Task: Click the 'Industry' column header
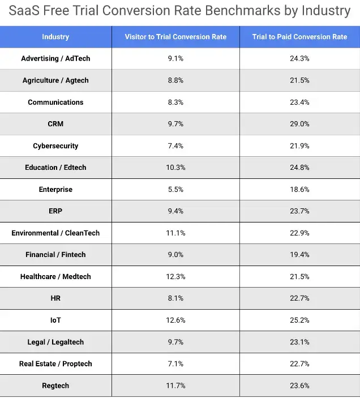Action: (x=55, y=37)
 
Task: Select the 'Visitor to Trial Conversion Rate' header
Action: (x=175, y=37)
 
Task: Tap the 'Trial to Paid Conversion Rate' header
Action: (x=299, y=37)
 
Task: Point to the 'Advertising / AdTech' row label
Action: (x=55, y=58)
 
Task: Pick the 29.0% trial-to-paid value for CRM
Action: (x=299, y=124)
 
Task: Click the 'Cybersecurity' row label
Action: (x=55, y=145)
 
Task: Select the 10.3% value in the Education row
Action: (x=175, y=168)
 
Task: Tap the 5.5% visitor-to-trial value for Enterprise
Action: (x=175, y=189)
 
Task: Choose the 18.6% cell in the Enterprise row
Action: (x=299, y=189)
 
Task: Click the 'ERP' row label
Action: (x=55, y=211)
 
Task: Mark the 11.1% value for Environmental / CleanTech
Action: (x=175, y=233)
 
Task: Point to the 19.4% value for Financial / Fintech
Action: (x=299, y=255)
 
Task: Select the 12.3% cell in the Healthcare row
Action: (x=175, y=276)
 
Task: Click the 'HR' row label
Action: (x=55, y=298)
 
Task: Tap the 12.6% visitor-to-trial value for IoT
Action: (x=175, y=320)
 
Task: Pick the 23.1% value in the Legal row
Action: (x=299, y=342)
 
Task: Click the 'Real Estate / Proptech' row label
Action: (x=55, y=363)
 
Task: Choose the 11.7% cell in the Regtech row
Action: (x=175, y=386)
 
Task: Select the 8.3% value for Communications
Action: (x=175, y=102)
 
